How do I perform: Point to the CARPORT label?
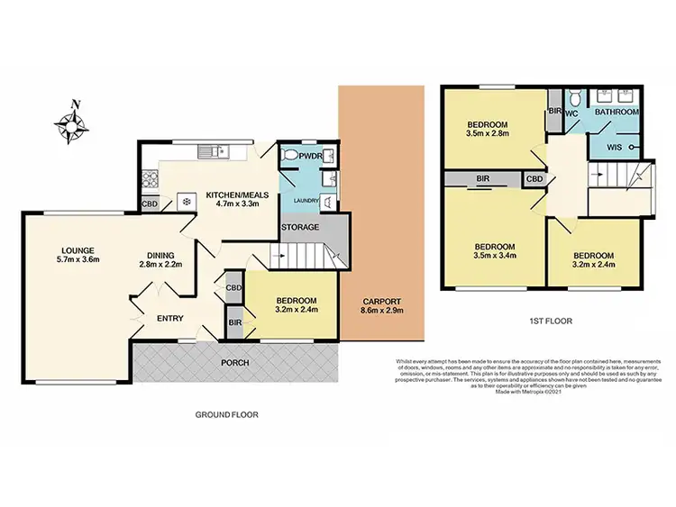(379, 302)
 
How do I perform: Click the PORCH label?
(235, 362)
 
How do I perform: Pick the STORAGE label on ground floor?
(299, 227)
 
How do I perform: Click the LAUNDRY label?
(305, 203)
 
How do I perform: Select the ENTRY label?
(170, 319)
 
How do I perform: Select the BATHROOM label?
(617, 112)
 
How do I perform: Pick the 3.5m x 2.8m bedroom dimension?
(488, 134)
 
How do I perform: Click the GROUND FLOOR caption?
(227, 415)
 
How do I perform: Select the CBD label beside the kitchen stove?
(151, 204)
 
